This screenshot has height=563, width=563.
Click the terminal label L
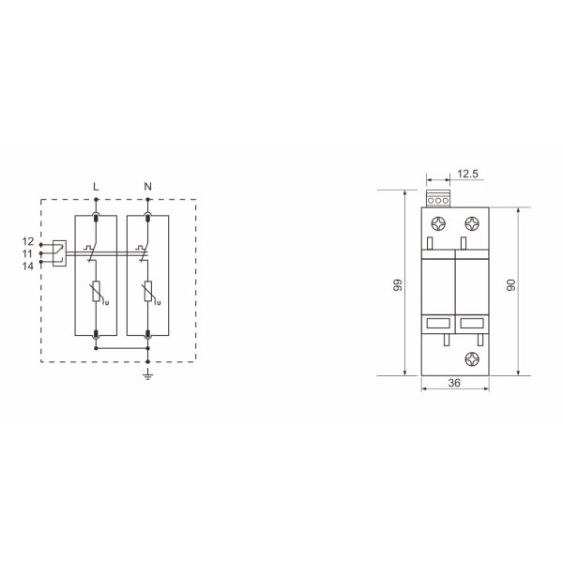click(x=96, y=187)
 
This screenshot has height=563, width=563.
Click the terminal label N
click(x=148, y=187)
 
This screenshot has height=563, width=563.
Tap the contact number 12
click(x=27, y=241)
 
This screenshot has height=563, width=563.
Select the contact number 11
click(x=27, y=254)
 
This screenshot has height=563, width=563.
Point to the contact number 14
click(x=27, y=266)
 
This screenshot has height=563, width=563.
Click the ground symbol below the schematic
click(x=147, y=374)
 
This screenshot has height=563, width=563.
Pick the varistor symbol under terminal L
click(x=97, y=291)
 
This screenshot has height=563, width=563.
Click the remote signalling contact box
click(x=59, y=253)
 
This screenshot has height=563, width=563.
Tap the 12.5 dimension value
click(x=468, y=174)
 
